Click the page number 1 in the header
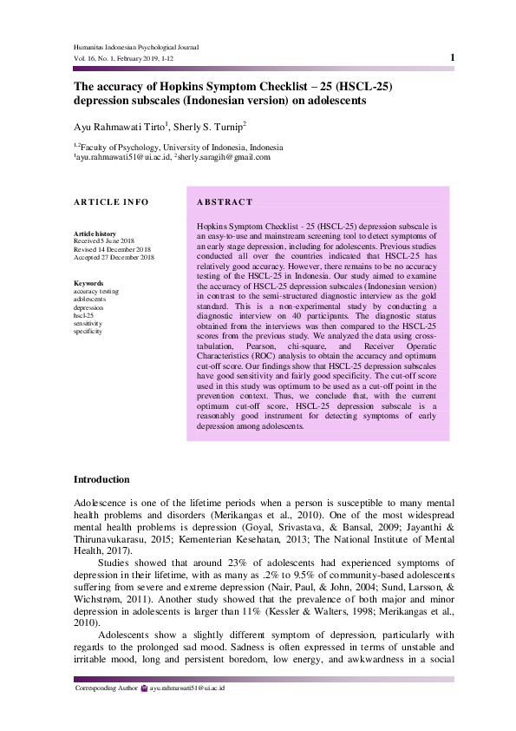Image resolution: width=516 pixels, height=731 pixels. click(453, 57)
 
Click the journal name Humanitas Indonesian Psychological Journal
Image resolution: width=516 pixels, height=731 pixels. click(136, 47)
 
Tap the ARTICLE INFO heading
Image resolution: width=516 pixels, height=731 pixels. click(111, 202)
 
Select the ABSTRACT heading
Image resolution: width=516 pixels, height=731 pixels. click(225, 202)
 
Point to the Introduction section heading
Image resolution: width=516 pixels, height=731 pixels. click(101, 479)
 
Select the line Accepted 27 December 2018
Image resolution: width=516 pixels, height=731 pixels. click(114, 257)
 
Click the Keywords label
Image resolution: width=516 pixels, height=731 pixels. click(89, 283)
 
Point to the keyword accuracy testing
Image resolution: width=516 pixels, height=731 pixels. click(97, 291)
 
